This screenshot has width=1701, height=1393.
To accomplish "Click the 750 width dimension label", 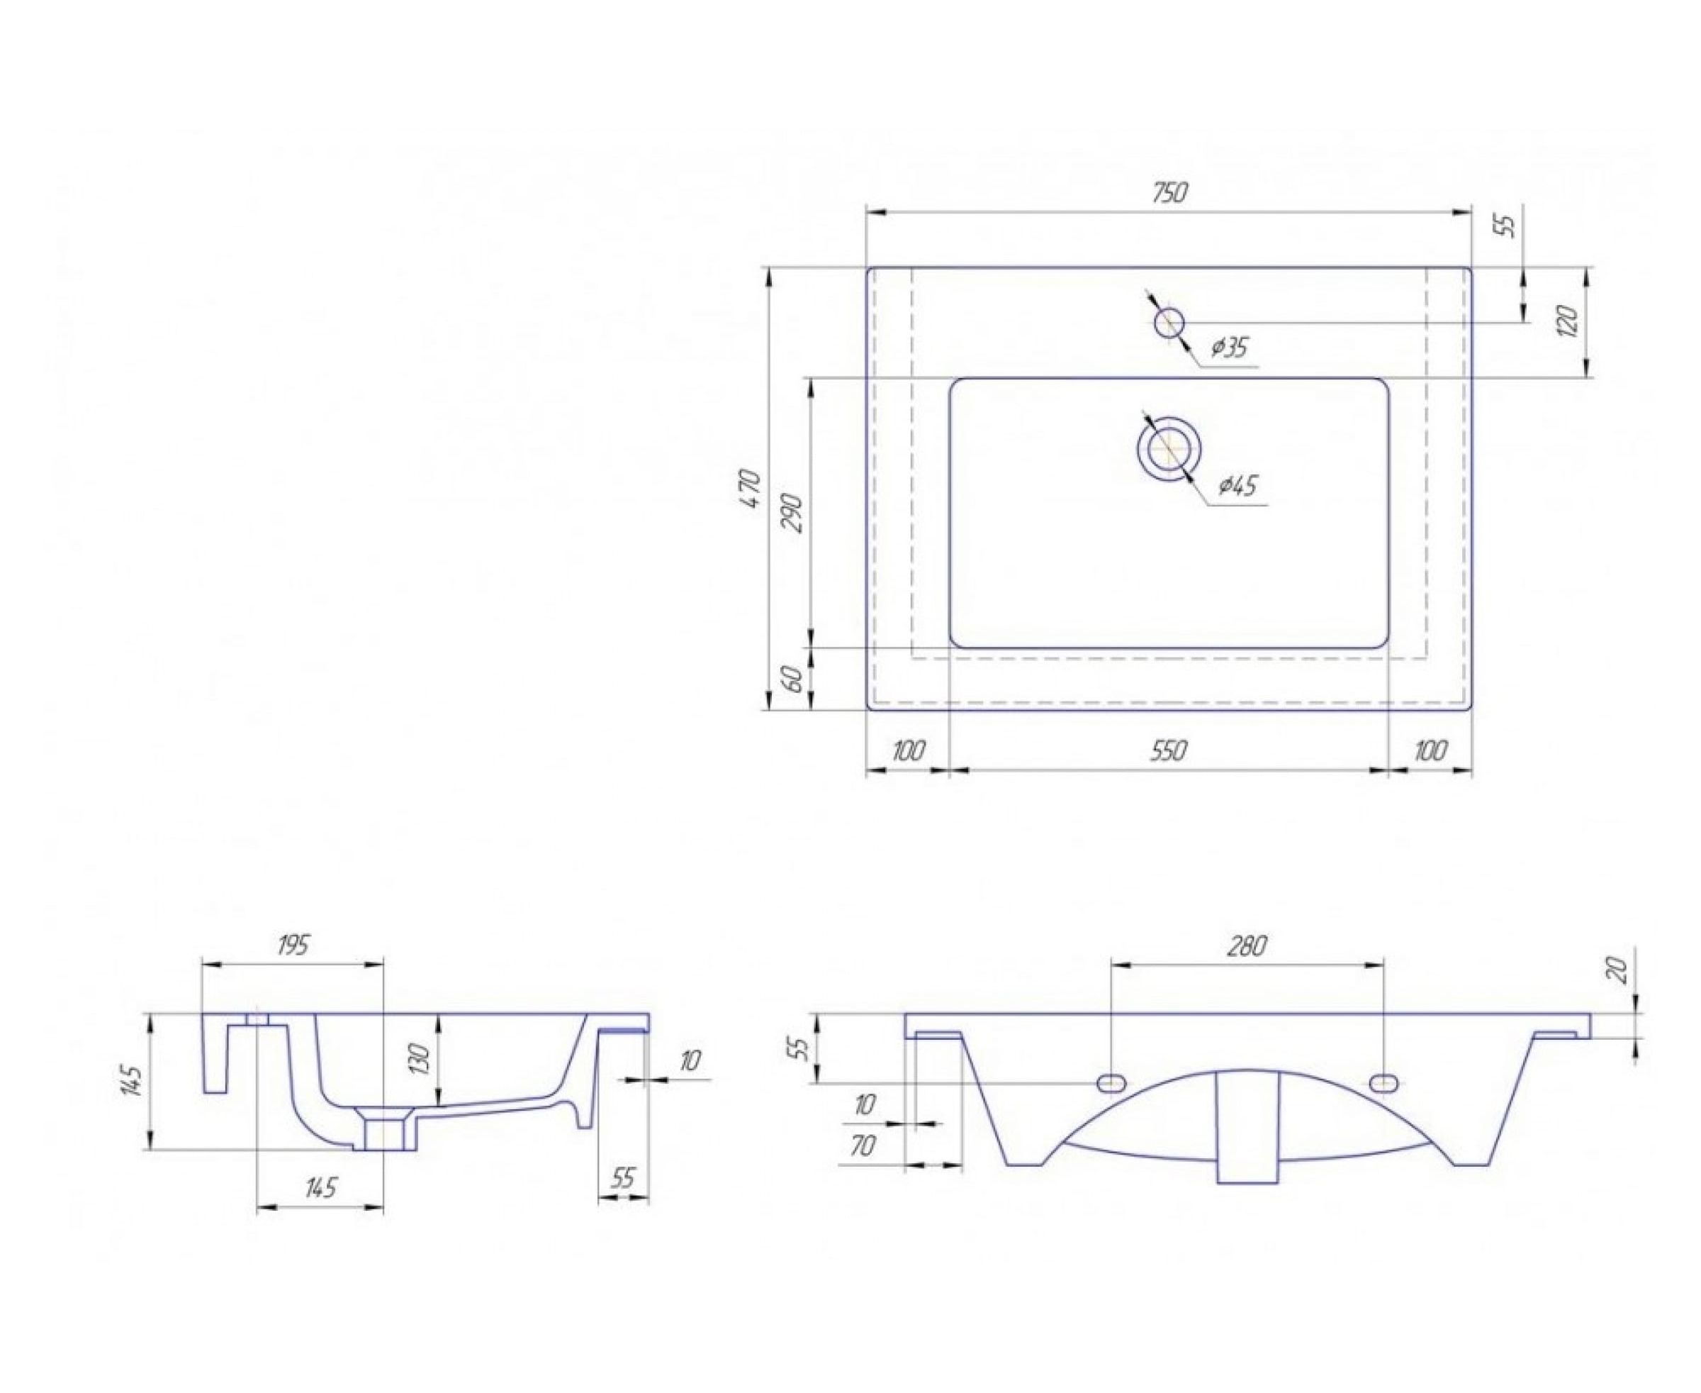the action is click(1169, 193).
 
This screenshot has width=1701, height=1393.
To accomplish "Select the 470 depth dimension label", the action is click(751, 487).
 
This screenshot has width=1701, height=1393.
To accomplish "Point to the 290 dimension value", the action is click(792, 513).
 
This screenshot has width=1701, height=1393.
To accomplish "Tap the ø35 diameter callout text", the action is click(1230, 348).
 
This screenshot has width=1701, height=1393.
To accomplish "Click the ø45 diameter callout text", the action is click(1238, 485).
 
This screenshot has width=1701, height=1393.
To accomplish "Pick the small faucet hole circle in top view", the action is click(1169, 323).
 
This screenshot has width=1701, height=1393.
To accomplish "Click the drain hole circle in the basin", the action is click(1170, 448).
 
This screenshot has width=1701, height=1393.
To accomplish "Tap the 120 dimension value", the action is click(1569, 321).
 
